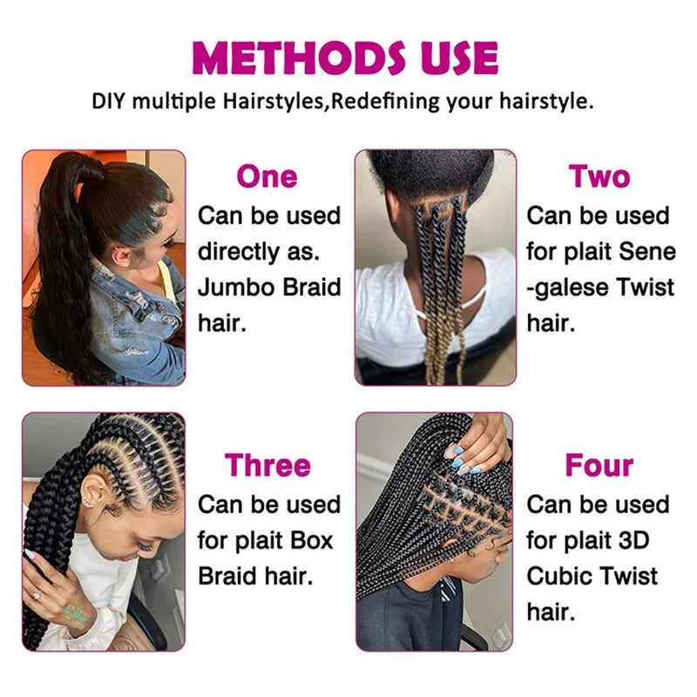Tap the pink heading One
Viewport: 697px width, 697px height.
tap(267, 176)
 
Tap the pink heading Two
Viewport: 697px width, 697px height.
tap(599, 176)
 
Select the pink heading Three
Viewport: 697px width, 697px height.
tap(268, 465)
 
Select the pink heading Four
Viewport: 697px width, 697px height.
tap(599, 465)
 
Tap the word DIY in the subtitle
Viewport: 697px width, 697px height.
tap(109, 100)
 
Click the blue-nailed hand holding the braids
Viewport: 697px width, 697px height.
tap(475, 453)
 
